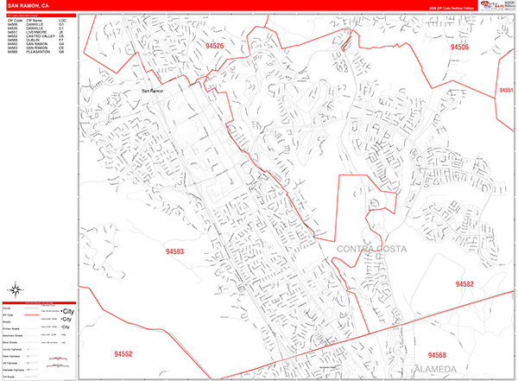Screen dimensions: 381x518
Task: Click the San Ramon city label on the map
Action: pyautogui.click(x=152, y=91)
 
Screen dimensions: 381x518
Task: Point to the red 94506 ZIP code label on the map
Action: pyautogui.click(x=459, y=48)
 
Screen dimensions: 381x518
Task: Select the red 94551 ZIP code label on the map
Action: pyautogui.click(x=506, y=90)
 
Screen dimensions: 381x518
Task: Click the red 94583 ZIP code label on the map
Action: pyautogui.click(x=171, y=252)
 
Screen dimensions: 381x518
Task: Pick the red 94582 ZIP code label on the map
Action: pyautogui.click(x=464, y=283)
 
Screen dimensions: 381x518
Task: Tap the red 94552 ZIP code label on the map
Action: pyautogui.click(x=123, y=354)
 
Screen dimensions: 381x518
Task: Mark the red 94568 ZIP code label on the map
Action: pyautogui.click(x=437, y=355)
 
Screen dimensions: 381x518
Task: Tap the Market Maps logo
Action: pyautogui.click(x=496, y=4)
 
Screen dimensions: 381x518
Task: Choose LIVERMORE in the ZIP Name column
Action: pyautogui.click(x=35, y=31)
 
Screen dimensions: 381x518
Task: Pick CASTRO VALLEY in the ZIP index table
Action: pyautogui.click(x=39, y=35)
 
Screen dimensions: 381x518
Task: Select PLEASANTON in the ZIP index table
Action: pyautogui.click(x=37, y=52)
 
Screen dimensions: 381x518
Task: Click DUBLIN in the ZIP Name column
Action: pyautogui.click(x=32, y=40)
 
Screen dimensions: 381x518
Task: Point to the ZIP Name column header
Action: pyautogui.click(x=34, y=19)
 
